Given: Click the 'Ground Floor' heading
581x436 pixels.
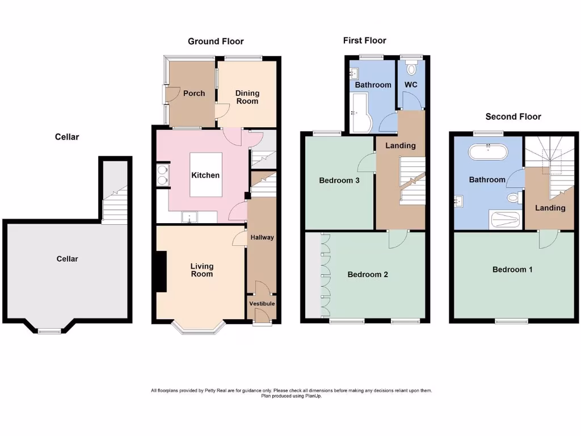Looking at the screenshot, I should pos(216,41).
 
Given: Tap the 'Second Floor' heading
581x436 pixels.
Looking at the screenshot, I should pos(513,116).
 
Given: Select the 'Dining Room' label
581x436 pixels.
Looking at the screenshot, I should pos(247,97).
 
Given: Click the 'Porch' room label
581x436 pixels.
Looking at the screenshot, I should pos(194,93).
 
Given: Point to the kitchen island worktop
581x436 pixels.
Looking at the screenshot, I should pos(205,175).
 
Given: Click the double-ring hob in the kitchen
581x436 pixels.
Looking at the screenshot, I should pos(162,175).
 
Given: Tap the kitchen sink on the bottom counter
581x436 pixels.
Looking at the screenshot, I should pos(188,217).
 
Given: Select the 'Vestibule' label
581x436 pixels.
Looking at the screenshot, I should pos(262,304).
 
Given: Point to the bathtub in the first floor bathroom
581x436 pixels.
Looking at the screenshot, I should pos(360,112).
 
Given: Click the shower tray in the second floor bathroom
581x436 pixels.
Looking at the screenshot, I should pos(504,220).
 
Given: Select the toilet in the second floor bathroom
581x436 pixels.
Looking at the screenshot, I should pos(515,198).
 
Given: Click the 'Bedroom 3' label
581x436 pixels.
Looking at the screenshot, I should pos(339,181).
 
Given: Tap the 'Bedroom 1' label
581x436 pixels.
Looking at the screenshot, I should pos(512,269).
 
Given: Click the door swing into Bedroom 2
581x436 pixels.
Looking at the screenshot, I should pos(397,240).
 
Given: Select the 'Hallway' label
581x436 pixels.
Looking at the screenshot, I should pos(262,237).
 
